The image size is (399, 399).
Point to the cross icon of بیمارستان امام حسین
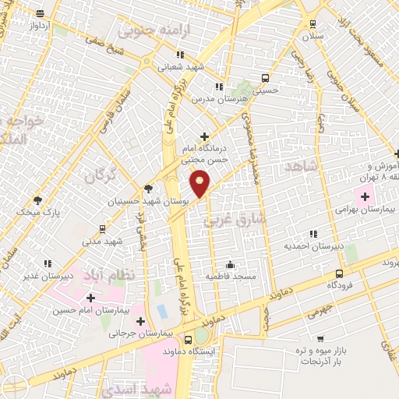(90, 297)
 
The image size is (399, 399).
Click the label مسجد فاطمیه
(229, 277)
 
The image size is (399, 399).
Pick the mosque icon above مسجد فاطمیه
(229, 263)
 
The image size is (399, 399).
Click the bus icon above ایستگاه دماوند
(189, 340)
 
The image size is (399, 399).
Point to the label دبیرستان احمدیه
(313, 247)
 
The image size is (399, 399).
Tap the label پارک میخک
(37, 211)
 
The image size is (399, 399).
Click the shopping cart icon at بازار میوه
(320, 339)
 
